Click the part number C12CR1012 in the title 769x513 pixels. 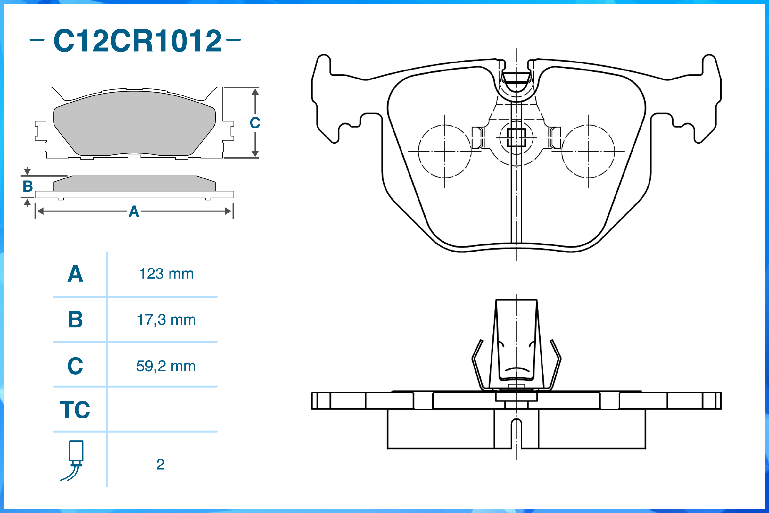(137, 41)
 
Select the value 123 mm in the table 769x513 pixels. (166, 274)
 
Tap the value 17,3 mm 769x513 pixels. (166, 320)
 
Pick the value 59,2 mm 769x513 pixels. (166, 366)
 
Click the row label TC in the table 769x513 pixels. (75, 410)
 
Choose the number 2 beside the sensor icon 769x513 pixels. (160, 465)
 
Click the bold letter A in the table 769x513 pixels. (75, 274)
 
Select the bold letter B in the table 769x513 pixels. (75, 320)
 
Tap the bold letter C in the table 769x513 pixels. (75, 366)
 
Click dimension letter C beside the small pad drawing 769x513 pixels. (255, 123)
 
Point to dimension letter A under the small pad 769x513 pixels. (134, 212)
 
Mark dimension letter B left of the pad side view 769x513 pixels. (28, 186)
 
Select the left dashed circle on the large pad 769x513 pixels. (444, 152)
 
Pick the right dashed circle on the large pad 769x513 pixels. (588, 152)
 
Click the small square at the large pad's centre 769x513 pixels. (517, 138)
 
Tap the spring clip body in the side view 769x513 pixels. (517, 343)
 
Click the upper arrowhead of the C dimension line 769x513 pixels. (255, 92)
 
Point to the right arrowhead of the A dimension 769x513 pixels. (228, 211)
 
